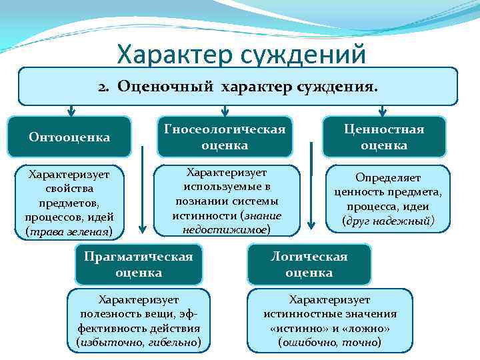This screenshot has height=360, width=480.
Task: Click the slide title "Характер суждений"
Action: coord(241,54)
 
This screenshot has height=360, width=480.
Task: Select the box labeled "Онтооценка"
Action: coord(69,137)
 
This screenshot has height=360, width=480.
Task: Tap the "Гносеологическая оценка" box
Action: coord(224,137)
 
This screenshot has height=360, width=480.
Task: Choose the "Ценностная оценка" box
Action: coord(383,137)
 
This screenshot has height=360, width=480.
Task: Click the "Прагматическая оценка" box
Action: coord(138,265)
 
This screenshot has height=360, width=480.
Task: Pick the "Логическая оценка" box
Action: coord(309,265)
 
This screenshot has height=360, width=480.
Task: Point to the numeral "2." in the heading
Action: coord(105,87)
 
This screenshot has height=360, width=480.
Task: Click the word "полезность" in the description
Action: coord(111,315)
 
